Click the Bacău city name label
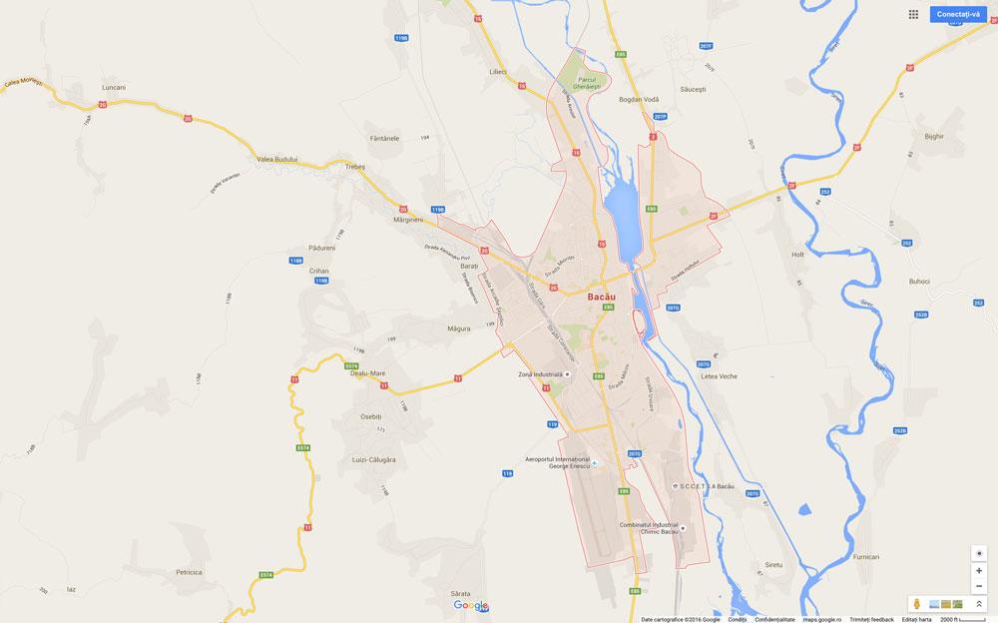point(600,297)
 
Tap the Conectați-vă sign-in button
point(961,14)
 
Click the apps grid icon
point(913,14)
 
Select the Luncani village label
point(114,88)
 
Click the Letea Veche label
point(719,375)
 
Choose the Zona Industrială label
point(540,374)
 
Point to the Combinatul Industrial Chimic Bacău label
point(648,528)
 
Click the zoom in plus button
point(979,570)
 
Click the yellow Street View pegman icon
point(916,604)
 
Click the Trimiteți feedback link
point(871,619)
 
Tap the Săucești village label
point(692,89)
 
